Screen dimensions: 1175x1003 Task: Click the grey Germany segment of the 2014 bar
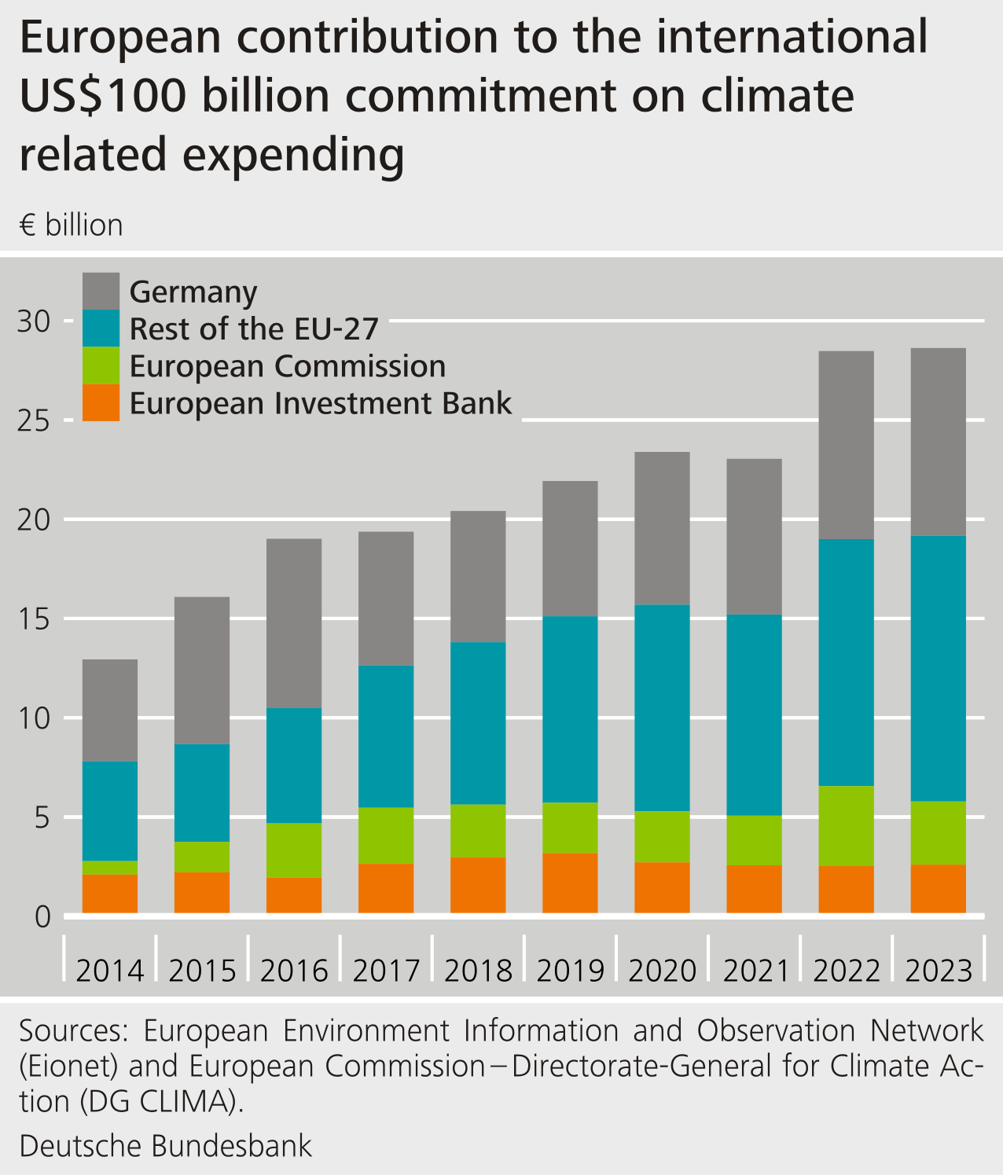[x=110, y=710]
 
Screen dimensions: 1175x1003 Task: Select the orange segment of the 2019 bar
[x=570, y=883]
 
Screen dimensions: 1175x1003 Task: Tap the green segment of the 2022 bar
[x=846, y=825]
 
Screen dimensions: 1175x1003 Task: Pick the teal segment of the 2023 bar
[x=938, y=668]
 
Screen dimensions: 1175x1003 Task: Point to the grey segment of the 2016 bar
[x=294, y=623]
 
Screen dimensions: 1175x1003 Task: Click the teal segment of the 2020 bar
[x=662, y=707]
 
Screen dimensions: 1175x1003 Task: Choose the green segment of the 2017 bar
[x=386, y=835]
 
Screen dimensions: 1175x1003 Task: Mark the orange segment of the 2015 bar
[x=202, y=892]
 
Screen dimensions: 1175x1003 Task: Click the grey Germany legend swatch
[x=101, y=291]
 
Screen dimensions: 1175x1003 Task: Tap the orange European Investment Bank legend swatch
[x=101, y=402]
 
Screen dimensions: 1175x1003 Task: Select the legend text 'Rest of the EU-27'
[x=254, y=329]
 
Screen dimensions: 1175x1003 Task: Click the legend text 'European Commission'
[x=288, y=366]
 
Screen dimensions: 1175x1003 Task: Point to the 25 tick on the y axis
[x=35, y=420]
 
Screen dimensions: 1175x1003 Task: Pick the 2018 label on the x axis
[x=478, y=971]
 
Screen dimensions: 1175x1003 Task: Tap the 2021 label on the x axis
[x=755, y=971]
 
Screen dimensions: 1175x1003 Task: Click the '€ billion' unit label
[x=72, y=226]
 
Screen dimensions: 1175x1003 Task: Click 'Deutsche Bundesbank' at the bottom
[x=166, y=1145]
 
